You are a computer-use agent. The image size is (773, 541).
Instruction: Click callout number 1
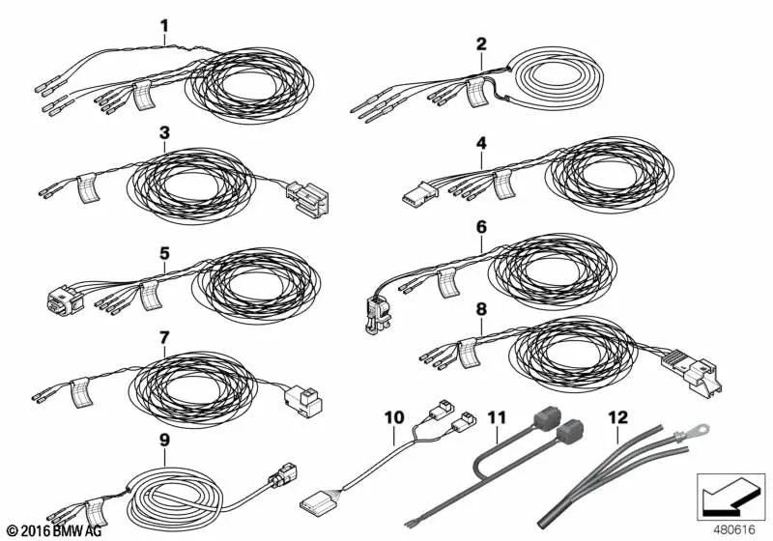(164, 25)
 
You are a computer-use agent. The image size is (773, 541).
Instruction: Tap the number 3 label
(164, 131)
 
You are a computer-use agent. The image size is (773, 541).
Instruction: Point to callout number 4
(481, 142)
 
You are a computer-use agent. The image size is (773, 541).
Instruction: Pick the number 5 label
(164, 253)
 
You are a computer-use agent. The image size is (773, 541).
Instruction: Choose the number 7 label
(164, 337)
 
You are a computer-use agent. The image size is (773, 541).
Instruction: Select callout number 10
(394, 417)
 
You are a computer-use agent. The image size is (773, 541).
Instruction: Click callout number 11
(497, 417)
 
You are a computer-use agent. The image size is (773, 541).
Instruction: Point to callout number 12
(617, 417)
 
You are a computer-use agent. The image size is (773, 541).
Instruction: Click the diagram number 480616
(735, 528)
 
